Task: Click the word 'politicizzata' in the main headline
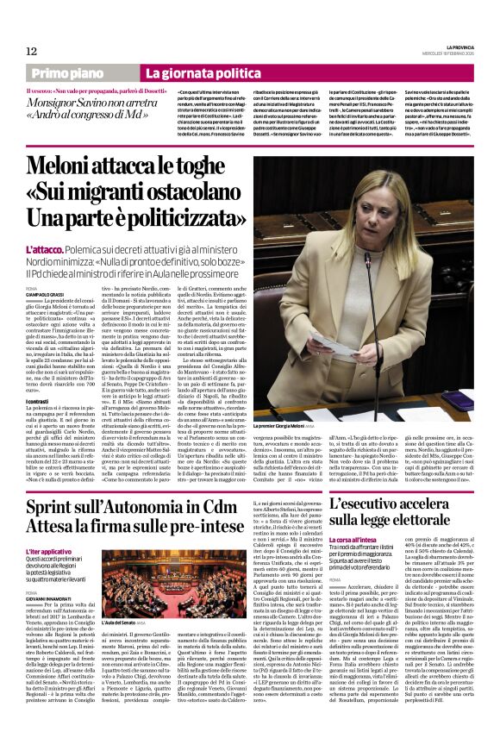pyautogui.click(x=172, y=214)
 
